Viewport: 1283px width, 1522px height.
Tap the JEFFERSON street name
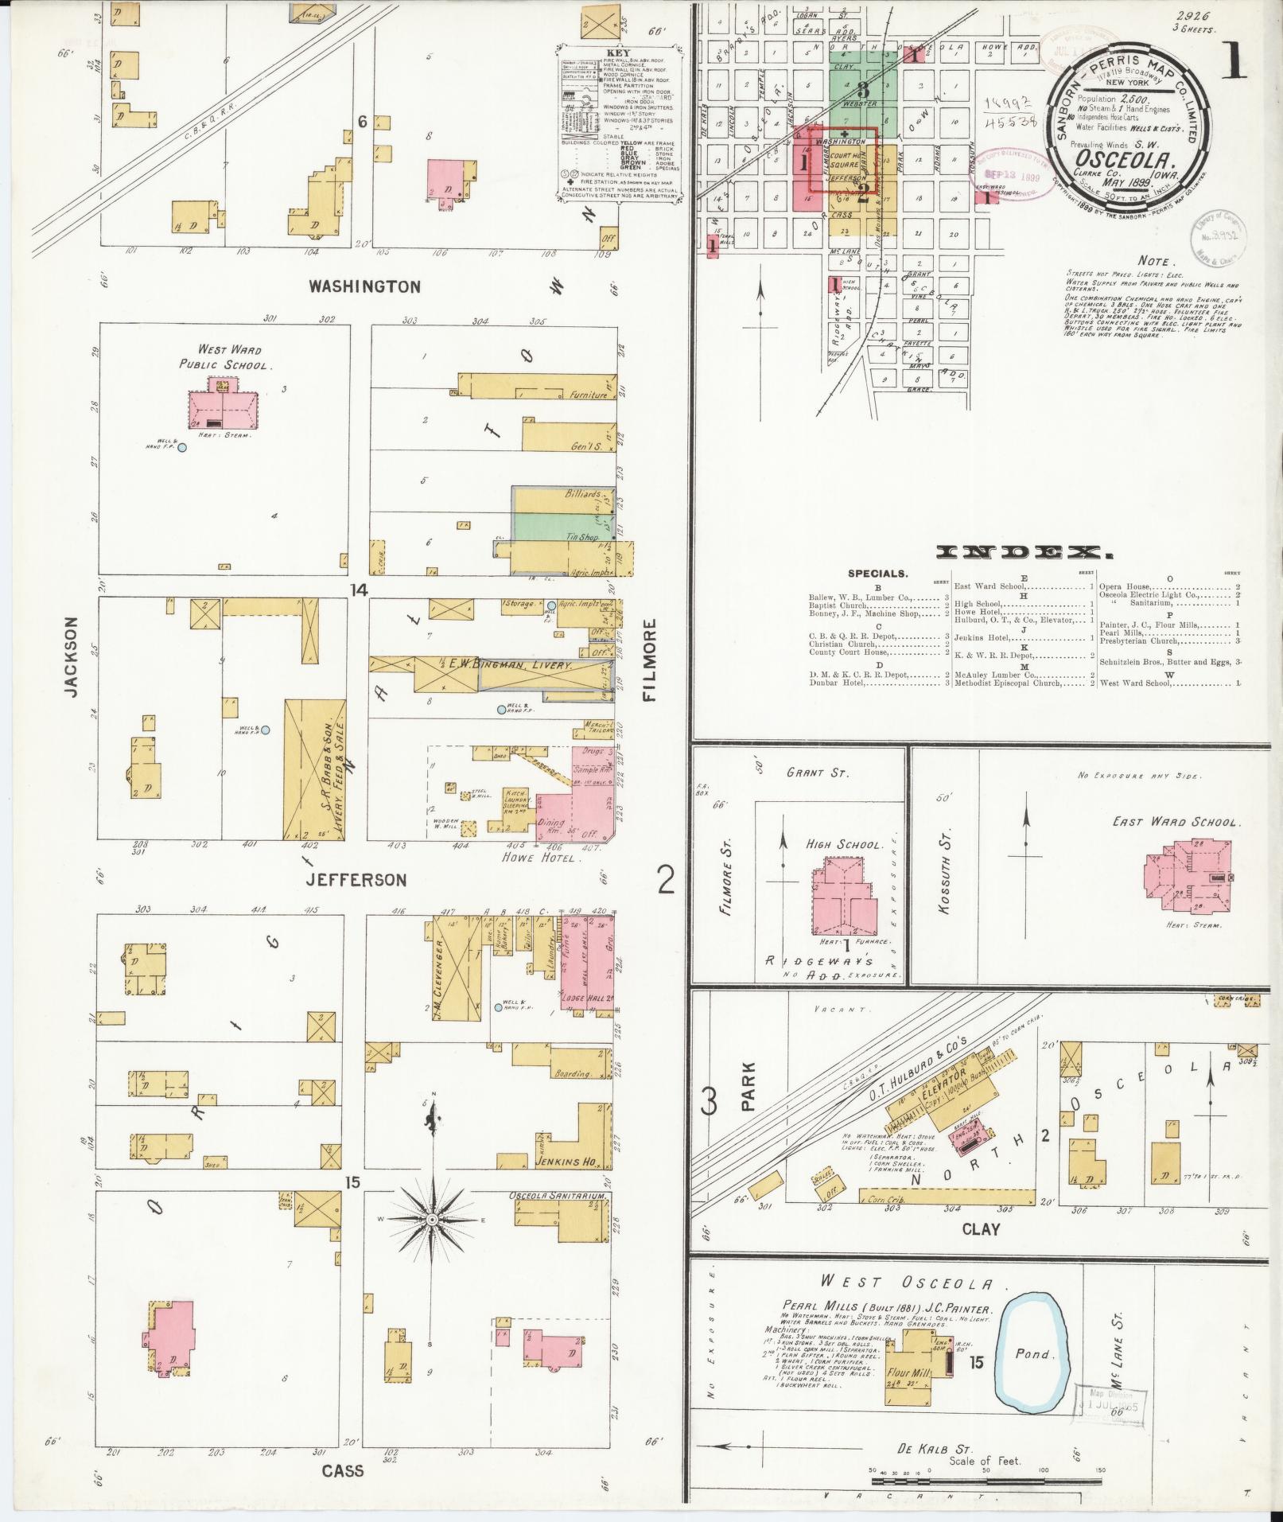point(357,879)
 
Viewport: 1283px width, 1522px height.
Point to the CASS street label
point(343,1470)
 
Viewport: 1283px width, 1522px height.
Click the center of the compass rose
point(431,1242)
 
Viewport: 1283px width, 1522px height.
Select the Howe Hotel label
point(541,858)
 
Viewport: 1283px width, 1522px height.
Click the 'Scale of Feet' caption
point(985,1461)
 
